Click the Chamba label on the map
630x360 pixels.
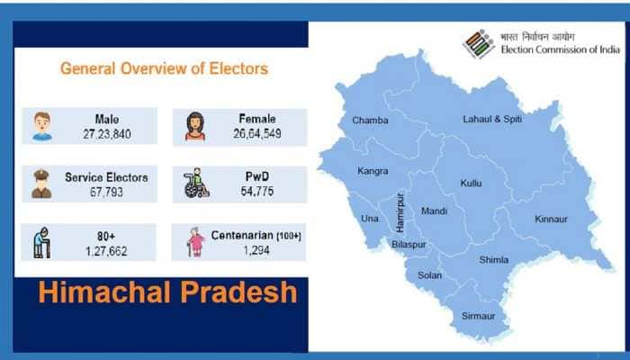371,120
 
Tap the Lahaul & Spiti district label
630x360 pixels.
492,118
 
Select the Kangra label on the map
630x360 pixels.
372,171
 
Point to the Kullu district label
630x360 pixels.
471,183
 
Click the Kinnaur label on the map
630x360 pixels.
551,219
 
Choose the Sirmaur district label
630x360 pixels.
479,317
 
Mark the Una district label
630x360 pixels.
370,218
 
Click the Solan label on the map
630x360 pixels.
430,274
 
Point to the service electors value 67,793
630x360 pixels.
106,191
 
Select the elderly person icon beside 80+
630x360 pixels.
42,242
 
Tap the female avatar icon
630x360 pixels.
194,126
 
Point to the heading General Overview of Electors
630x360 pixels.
164,68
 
